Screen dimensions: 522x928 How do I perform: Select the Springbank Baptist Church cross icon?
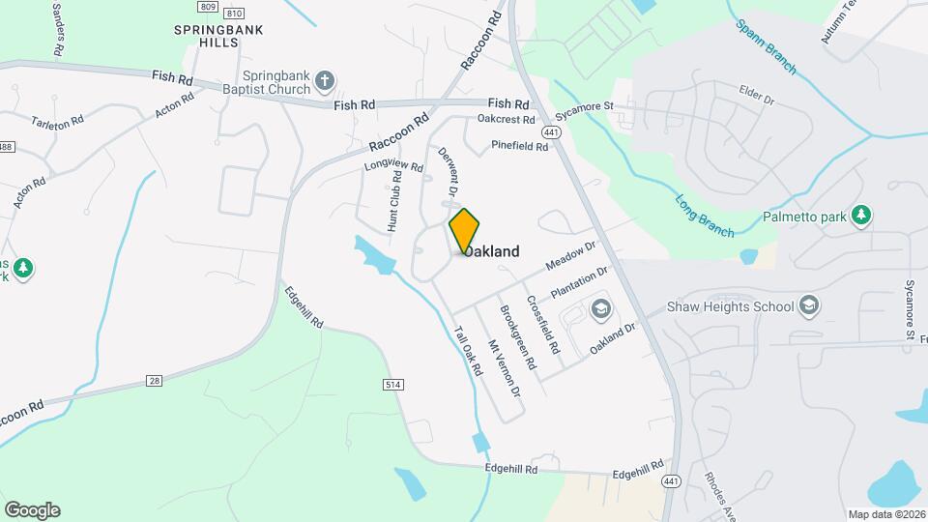point(327,81)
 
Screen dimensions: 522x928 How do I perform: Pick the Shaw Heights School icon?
point(809,307)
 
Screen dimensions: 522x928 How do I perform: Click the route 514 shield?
point(392,385)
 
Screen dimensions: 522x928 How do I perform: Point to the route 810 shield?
point(233,14)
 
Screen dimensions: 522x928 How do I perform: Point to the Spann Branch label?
point(765,46)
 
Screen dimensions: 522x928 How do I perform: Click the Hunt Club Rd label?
point(394,201)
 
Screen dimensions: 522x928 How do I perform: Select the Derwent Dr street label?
point(448,171)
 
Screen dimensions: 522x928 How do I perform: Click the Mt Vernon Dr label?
point(504,368)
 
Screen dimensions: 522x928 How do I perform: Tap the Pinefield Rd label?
point(520,146)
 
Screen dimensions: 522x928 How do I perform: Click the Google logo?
point(32,510)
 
